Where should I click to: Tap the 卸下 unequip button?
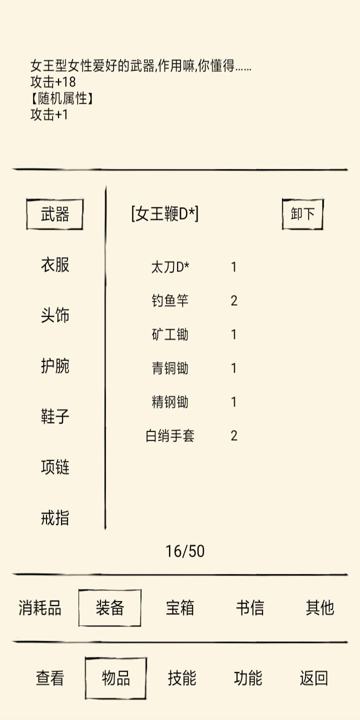coord(303,214)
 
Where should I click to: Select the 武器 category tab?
coord(54,214)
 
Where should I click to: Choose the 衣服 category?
coord(55,265)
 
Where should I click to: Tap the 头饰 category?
coord(55,315)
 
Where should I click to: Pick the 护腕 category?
coord(55,366)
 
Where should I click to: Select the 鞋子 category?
coord(55,416)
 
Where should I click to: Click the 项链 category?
coord(55,466)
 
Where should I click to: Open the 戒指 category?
coord(55,517)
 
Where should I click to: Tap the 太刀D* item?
coord(170,267)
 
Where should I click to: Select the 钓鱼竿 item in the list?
coord(170,301)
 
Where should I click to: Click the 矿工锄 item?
coord(170,334)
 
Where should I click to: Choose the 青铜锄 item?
coord(170,368)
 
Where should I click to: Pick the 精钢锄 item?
coord(170,402)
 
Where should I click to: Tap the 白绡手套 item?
coord(170,436)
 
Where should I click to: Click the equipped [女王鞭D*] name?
coord(165,214)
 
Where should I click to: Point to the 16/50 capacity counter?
coord(185,551)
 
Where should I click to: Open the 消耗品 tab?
coord(40,607)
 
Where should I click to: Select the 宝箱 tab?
coord(180,607)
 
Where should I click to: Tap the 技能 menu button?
coord(182,678)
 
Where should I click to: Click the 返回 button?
coord(314,678)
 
